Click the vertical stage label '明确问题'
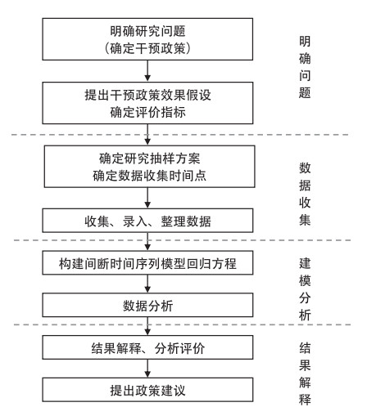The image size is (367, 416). tap(305, 67)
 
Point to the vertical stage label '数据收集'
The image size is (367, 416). tap(305, 194)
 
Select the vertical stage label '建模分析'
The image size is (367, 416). tap(305, 289)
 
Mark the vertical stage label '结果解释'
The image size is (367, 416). tap(305, 374)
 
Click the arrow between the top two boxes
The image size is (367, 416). tap(147, 71)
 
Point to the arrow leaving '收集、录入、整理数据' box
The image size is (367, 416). tap(147, 242)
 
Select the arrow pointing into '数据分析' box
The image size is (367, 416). tap(147, 284)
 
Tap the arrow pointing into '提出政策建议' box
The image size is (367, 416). tap(147, 369)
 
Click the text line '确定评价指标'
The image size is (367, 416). tap(147, 112)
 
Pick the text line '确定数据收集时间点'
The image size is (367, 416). tap(149, 176)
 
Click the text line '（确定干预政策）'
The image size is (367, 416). tap(147, 48)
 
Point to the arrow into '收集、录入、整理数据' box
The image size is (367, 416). tap(147, 198)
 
